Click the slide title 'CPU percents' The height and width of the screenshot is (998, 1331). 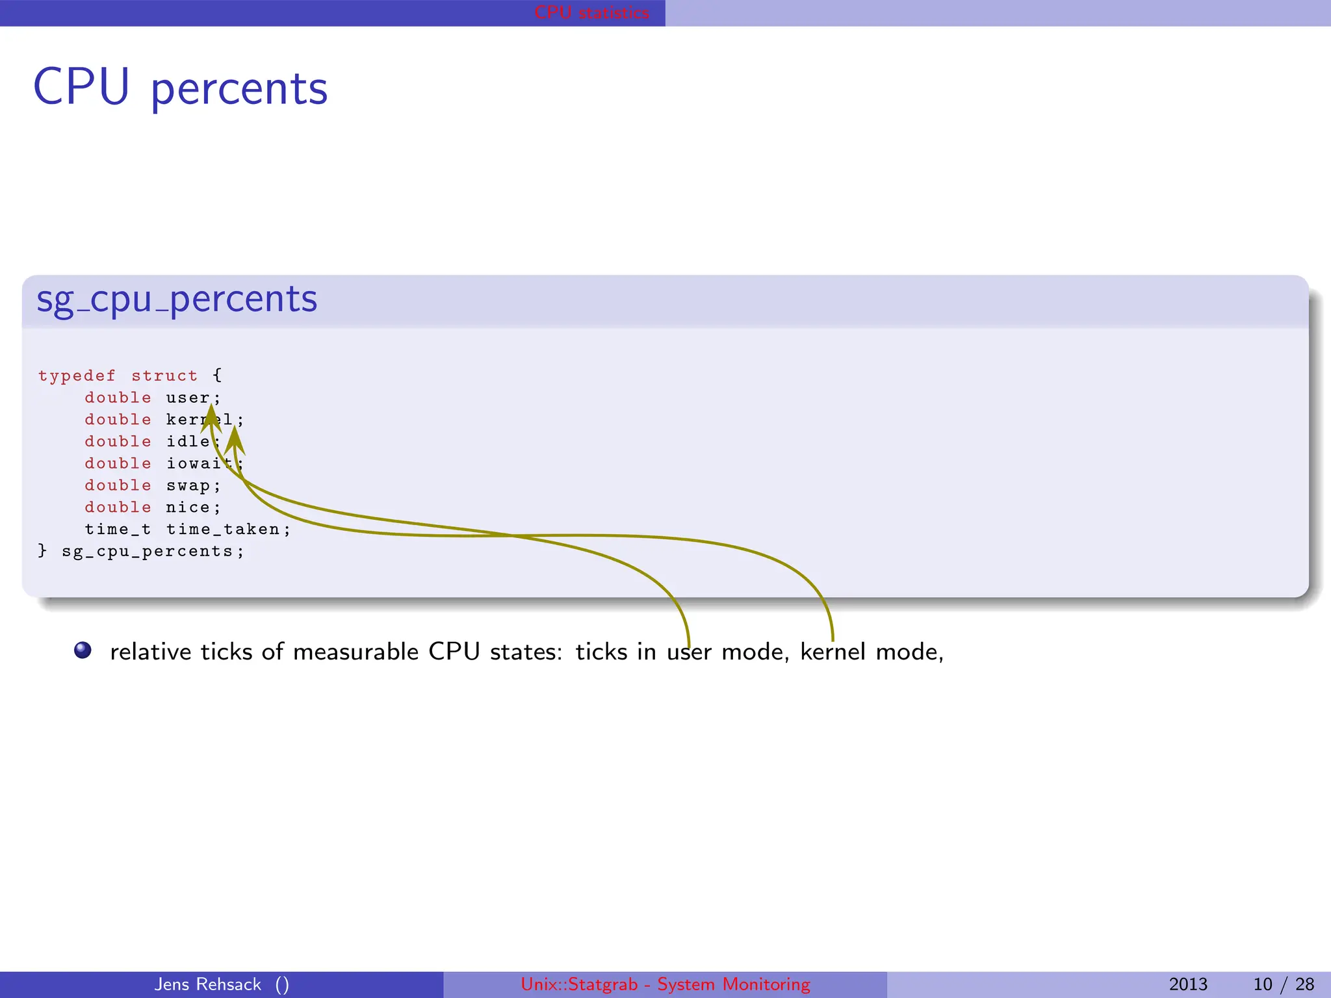click(x=180, y=88)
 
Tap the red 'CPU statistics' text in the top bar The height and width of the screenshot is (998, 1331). click(x=591, y=12)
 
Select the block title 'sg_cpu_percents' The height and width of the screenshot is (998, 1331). click(x=177, y=300)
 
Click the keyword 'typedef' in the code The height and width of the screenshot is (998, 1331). click(x=77, y=376)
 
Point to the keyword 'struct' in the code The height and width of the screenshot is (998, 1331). click(x=164, y=376)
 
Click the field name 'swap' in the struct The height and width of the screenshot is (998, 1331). click(x=188, y=486)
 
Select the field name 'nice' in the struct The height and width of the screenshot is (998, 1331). click(x=188, y=507)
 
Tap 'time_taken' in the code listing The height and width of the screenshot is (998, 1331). click(x=223, y=530)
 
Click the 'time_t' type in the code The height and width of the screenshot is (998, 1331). click(x=118, y=530)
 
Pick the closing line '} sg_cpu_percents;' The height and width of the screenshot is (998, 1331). click(x=141, y=552)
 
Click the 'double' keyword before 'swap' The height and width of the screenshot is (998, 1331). click(x=118, y=486)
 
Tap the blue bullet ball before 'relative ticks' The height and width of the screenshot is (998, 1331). click(x=83, y=650)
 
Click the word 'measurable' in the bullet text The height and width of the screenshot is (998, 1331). click(x=355, y=652)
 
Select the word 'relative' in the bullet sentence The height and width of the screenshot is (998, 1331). click(x=150, y=652)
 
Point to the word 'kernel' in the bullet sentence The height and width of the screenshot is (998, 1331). click(x=833, y=652)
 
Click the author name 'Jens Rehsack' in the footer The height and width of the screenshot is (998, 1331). click(x=208, y=984)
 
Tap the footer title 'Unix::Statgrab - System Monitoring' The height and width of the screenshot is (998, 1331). click(x=665, y=984)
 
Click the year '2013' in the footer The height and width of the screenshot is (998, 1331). click(x=1188, y=984)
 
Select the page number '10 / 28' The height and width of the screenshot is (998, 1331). click(x=1284, y=984)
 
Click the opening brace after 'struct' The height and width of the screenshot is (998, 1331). click(x=217, y=376)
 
